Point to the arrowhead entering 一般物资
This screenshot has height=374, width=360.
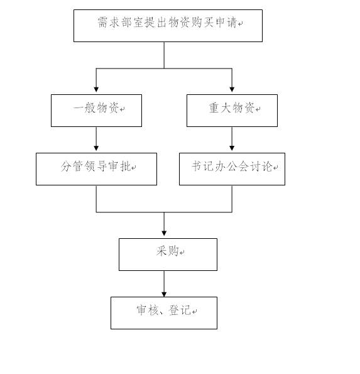[x=96, y=90]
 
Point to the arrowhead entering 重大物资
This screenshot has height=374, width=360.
[x=232, y=90]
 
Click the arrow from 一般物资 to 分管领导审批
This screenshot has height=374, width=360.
[x=96, y=139]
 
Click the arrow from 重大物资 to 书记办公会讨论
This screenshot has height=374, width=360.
[x=232, y=139]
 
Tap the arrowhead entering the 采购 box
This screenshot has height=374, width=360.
[x=164, y=233]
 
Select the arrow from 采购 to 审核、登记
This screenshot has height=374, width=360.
[x=164, y=284]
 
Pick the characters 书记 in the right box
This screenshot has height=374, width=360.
[x=203, y=166]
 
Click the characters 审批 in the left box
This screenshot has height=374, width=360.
[x=119, y=166]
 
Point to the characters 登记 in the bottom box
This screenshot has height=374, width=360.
[x=180, y=311]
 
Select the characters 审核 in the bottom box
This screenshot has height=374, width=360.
[x=148, y=311]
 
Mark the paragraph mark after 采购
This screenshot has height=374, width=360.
[x=182, y=252]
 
